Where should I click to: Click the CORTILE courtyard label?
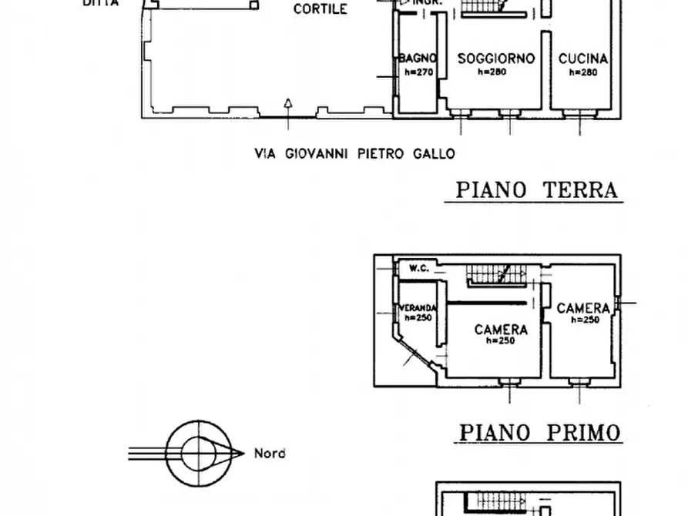[321, 10]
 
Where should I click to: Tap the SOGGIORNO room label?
[496, 59]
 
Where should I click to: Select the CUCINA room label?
[583, 59]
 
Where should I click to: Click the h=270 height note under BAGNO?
[418, 72]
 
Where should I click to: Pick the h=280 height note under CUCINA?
[584, 72]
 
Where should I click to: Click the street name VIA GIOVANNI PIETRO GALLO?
[354, 153]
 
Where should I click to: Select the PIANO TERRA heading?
[537, 189]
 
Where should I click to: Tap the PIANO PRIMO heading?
[539, 433]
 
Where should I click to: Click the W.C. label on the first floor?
[419, 269]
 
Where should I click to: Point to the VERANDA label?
[417, 308]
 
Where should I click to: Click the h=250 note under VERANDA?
[417, 317]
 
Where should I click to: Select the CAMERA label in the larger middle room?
[501, 330]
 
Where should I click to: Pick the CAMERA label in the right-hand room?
[583, 308]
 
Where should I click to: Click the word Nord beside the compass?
[270, 454]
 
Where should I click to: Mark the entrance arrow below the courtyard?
[287, 103]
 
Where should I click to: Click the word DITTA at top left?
[101, 3]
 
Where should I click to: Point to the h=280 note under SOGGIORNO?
[496, 72]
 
